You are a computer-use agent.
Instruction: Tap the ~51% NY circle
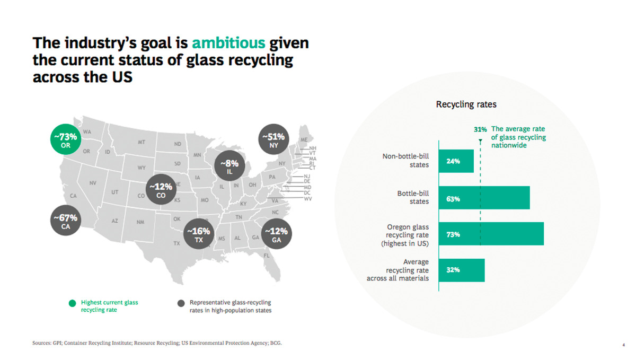tap(274, 141)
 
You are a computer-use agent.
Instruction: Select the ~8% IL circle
tap(229, 168)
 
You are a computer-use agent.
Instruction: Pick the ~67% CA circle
tap(66, 222)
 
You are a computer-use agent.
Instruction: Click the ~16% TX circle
tap(199, 235)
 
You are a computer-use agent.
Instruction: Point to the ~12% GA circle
tap(276, 235)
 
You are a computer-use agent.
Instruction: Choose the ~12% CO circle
tap(161, 191)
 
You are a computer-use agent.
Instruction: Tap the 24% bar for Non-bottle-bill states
tap(456, 161)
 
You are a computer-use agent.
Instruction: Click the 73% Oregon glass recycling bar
tap(491, 234)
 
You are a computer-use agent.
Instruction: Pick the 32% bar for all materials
tap(462, 270)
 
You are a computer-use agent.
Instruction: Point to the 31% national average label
tap(480, 129)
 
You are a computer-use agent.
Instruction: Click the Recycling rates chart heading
tap(466, 104)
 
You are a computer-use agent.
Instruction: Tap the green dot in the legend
tap(72, 303)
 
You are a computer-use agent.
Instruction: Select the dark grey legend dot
tap(181, 303)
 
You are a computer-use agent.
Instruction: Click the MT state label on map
tap(142, 143)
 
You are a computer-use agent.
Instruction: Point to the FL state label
tap(267, 256)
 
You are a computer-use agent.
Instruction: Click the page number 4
tap(623, 344)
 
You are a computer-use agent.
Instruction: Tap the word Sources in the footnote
tap(44, 343)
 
